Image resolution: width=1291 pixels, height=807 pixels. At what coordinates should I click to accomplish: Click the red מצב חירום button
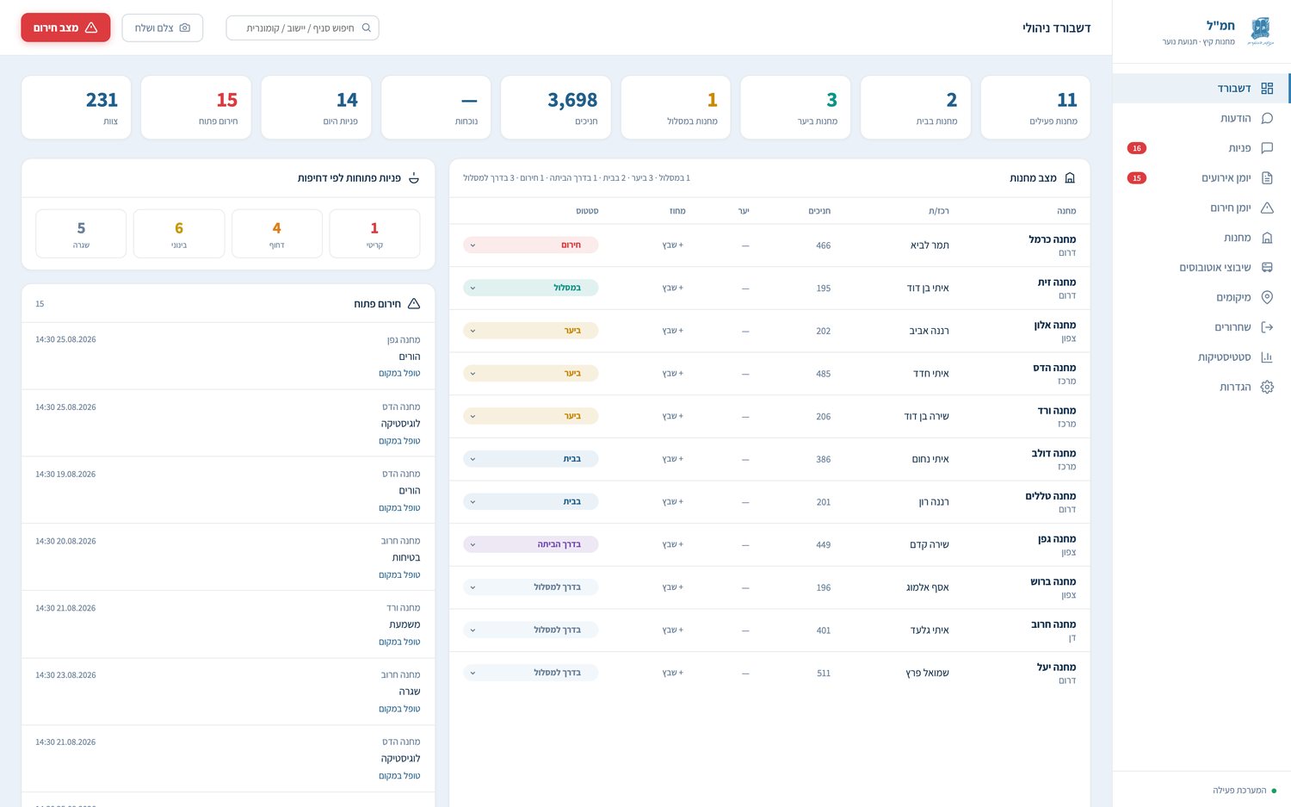tap(65, 28)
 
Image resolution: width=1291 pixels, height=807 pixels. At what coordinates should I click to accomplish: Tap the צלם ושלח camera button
tap(163, 28)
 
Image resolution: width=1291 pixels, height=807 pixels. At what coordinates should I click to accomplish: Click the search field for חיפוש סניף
tap(303, 28)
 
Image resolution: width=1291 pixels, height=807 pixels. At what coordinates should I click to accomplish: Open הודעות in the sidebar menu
tap(1235, 118)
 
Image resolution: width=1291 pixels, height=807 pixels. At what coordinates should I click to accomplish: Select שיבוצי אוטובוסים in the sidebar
tap(1215, 268)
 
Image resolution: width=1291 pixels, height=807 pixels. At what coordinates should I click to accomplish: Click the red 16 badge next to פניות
tap(1137, 148)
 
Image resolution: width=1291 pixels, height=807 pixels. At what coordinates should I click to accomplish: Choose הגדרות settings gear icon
tap(1267, 387)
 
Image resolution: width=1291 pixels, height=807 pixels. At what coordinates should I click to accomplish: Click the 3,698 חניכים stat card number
tap(572, 101)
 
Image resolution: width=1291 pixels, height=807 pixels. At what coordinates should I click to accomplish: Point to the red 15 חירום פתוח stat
tap(227, 101)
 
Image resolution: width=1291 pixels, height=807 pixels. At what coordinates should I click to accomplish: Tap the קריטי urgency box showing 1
tap(374, 233)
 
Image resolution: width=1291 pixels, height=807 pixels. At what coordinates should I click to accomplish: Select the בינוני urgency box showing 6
tap(179, 233)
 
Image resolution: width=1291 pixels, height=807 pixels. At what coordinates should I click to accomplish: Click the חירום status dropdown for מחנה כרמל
tap(530, 245)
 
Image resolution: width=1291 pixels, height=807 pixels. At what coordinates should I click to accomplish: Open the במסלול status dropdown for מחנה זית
tap(530, 288)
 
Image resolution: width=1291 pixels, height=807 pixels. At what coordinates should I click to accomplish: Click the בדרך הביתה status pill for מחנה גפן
tap(530, 544)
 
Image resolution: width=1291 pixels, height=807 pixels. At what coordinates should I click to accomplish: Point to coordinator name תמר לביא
tap(930, 245)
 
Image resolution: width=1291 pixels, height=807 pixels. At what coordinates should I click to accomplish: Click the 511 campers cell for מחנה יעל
tap(824, 674)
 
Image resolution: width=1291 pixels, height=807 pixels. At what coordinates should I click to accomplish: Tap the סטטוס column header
tap(587, 211)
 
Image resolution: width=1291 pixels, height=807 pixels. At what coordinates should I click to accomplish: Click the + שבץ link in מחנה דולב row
tap(672, 459)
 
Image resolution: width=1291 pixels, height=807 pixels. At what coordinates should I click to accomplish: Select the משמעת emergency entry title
tap(405, 624)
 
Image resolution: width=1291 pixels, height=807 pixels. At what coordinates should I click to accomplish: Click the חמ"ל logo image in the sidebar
tap(1261, 31)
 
